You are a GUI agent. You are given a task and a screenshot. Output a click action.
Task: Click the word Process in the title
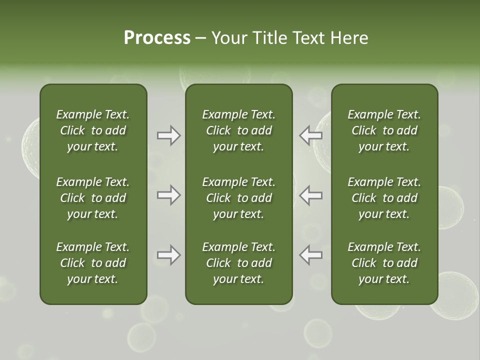(157, 38)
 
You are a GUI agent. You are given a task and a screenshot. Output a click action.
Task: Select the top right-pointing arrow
(168, 135)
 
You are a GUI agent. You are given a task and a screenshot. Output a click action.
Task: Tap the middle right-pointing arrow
(168, 195)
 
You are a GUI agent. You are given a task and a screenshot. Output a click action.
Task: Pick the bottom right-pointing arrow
(168, 255)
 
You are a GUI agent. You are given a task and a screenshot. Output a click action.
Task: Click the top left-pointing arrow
(310, 135)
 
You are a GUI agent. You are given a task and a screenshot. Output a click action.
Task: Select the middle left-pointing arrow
(310, 195)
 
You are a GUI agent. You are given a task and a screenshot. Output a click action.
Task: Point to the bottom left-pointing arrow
(310, 255)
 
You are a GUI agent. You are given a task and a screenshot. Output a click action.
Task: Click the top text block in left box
(93, 130)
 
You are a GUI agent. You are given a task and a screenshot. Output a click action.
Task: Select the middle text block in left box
(93, 198)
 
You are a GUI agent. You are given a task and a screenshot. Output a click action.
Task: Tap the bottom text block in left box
(93, 263)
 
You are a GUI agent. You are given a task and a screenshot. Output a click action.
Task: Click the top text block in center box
(238, 130)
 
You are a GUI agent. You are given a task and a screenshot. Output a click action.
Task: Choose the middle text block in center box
(238, 198)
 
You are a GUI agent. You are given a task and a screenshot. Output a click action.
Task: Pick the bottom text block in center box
(238, 263)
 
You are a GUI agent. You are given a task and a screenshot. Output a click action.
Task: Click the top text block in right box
(384, 130)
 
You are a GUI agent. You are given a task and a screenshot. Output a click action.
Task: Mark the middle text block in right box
(384, 198)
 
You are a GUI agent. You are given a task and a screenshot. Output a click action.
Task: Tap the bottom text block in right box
(384, 263)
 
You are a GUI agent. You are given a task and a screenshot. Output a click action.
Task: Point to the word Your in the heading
(229, 38)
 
